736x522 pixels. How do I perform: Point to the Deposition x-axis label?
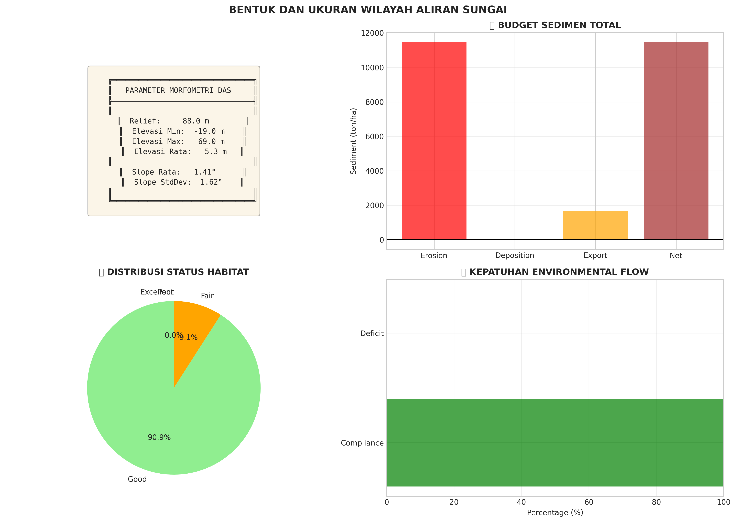[x=514, y=256]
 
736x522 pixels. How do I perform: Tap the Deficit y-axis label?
[x=372, y=333]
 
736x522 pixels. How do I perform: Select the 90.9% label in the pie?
[x=159, y=437]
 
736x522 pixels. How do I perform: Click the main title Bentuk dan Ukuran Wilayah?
[x=368, y=10]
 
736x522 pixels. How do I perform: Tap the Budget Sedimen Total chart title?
[x=559, y=25]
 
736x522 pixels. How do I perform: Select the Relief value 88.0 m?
[x=196, y=121]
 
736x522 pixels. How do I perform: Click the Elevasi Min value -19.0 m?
[x=209, y=131]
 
